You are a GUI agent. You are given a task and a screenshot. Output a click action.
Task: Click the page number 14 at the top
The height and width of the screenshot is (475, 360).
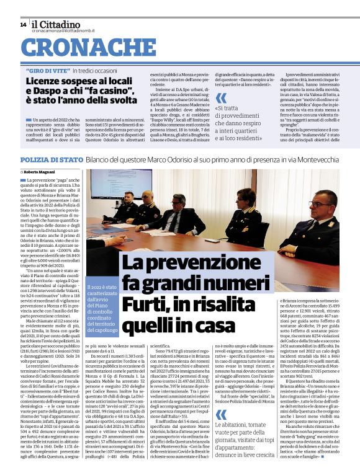coord(23,24)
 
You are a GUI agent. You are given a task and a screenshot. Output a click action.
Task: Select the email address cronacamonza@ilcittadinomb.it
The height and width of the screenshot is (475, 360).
coord(64,32)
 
